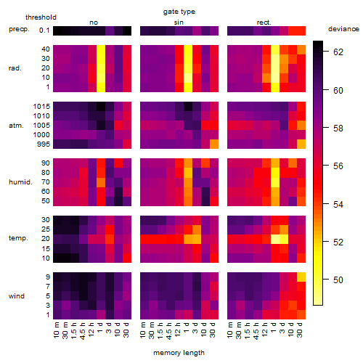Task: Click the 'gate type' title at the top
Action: tap(179, 12)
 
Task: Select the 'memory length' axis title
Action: tap(179, 353)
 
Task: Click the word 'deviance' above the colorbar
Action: tap(343, 29)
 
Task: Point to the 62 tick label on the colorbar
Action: tap(338, 52)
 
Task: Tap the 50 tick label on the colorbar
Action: tap(338, 280)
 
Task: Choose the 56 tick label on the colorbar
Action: tap(338, 166)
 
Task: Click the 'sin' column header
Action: tap(179, 23)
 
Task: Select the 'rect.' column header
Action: tap(264, 23)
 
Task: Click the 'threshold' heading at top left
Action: tap(41, 17)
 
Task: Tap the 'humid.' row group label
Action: tap(20, 182)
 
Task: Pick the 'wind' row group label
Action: tap(17, 296)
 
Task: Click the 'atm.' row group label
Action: tap(16, 126)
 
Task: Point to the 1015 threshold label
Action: tap(41, 107)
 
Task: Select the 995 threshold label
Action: tap(44, 144)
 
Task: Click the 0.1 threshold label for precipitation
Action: tap(44, 30)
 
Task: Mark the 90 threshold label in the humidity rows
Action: tap(46, 163)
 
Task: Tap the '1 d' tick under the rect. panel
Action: tap(273, 329)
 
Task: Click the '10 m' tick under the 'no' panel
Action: tap(56, 330)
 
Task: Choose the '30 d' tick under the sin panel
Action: tap(212, 330)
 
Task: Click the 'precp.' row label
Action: tap(19, 29)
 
